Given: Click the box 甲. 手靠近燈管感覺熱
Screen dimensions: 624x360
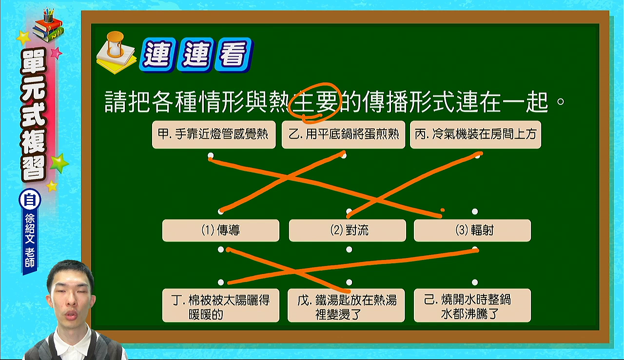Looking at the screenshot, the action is coord(214,134).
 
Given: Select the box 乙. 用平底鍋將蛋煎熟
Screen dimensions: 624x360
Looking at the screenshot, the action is coord(343,134).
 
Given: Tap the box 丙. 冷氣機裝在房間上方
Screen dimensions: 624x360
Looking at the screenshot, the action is coord(475,134).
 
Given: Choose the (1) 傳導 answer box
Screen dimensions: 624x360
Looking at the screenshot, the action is coord(221,230).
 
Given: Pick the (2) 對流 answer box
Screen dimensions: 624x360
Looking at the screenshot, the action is coord(348,230).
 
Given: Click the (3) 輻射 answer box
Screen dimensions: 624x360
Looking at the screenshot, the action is coord(472,230).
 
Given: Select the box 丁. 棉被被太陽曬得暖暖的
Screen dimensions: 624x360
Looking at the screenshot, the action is coord(221,305).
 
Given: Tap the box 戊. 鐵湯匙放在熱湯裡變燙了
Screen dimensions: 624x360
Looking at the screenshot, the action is coord(346,305).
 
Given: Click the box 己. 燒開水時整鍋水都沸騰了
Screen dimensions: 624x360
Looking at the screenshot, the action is coord(472,305).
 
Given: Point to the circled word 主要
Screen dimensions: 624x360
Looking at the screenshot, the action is coord(315,102).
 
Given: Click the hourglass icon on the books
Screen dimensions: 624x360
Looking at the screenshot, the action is coord(115,44).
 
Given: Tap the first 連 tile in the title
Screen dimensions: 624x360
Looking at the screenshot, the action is coord(158,55).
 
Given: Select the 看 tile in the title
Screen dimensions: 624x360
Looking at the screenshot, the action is coord(234,55).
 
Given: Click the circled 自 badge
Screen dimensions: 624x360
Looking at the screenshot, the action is coord(30,200).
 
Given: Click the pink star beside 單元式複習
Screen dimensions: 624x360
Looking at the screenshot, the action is coord(56,53).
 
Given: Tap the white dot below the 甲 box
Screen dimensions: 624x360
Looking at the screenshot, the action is coord(211,155).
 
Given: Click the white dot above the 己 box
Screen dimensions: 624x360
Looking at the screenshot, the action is coord(475,282).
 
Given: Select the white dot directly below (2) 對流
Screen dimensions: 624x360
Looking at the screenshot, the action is coord(349,249).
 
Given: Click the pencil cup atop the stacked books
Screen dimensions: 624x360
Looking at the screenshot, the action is coord(48,16).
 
